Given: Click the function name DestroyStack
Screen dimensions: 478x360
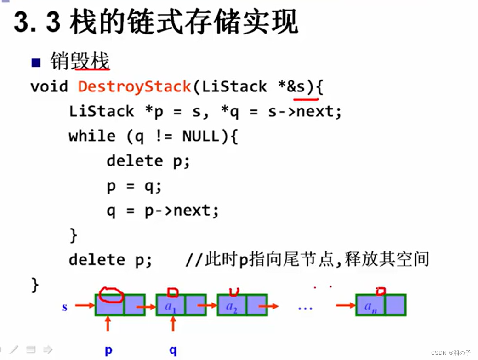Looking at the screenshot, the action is [134, 86].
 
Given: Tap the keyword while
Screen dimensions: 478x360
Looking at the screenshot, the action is [92, 136].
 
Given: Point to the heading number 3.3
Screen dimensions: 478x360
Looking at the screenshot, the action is [37, 23].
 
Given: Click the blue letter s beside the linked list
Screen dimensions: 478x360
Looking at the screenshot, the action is [64, 307].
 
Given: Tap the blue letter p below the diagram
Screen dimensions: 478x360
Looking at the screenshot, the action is [108, 350].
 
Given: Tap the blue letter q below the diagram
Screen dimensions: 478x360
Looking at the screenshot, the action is [173, 350].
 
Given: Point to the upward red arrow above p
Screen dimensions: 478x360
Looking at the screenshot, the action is [108, 324].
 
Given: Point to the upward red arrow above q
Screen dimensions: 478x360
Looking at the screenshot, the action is [173, 324].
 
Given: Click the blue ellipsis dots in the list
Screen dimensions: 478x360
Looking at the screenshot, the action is [305, 308].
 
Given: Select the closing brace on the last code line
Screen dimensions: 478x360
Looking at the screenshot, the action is [35, 285].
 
